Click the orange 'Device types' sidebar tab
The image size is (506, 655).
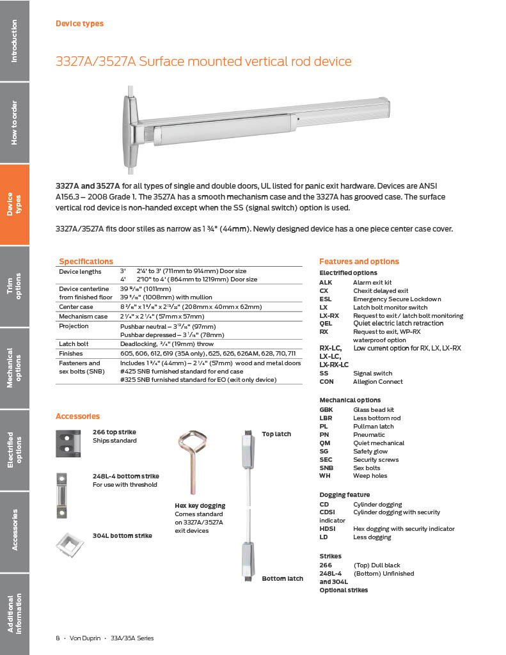(14, 204)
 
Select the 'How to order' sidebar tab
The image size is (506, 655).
(14, 122)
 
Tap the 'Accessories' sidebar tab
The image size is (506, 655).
(14, 530)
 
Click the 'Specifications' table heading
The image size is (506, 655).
(86, 261)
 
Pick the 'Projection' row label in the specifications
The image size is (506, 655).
(74, 326)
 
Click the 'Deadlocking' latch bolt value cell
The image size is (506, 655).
(167, 344)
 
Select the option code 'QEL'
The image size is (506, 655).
(326, 324)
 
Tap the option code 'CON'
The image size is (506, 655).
(326, 382)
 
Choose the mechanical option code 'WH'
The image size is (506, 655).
(325, 476)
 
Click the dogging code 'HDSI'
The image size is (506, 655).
(328, 529)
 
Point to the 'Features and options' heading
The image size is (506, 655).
(359, 262)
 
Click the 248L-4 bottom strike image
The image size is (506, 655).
(62, 495)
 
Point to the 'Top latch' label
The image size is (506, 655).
(276, 434)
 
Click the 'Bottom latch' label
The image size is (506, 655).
(282, 579)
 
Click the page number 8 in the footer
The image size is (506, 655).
(58, 638)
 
